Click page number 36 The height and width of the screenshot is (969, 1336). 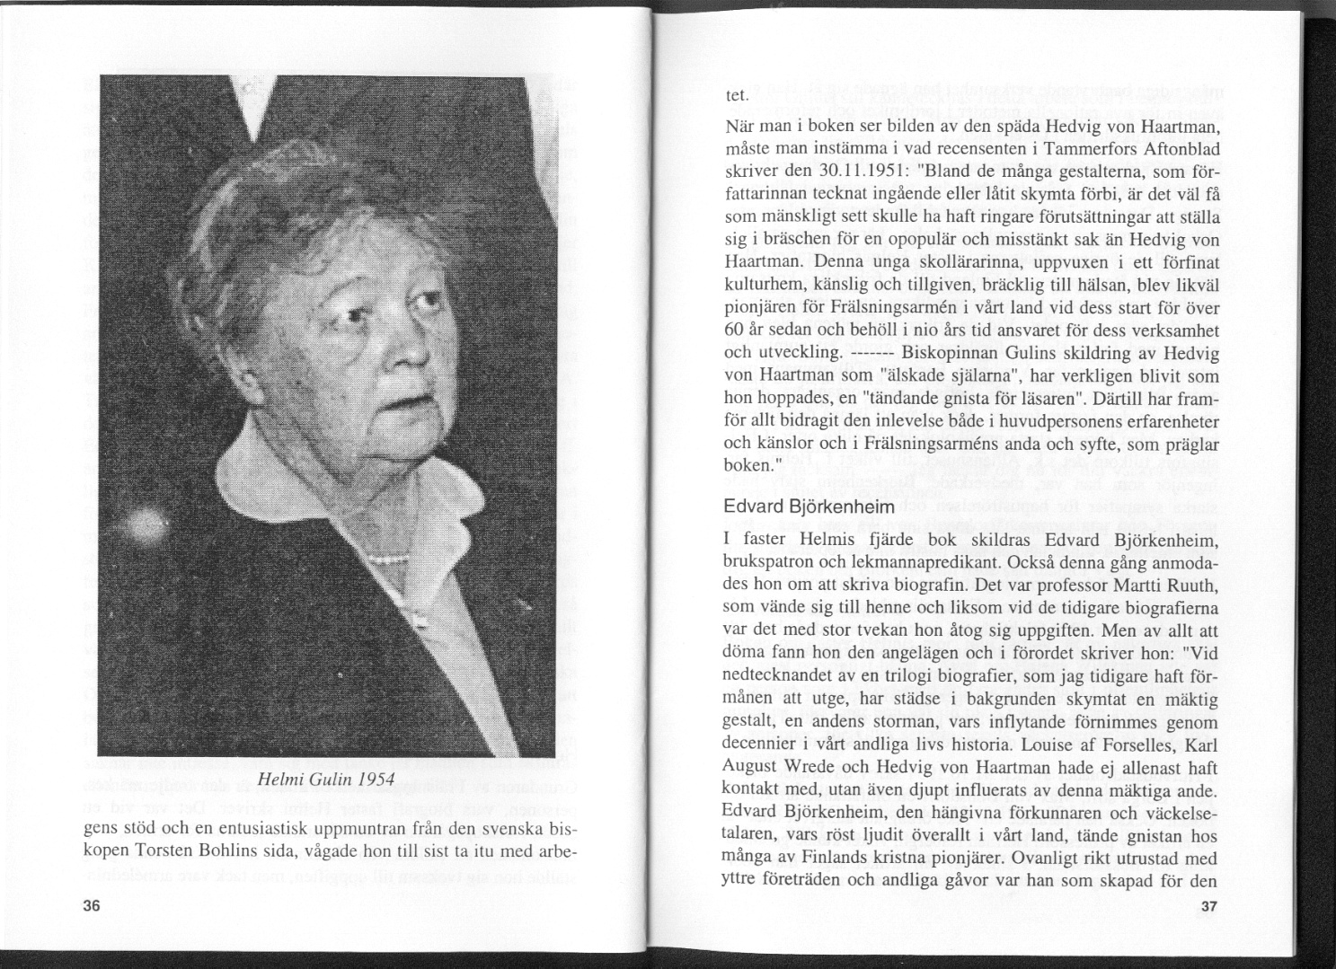tap(90, 906)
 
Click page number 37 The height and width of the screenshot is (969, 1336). tap(1208, 907)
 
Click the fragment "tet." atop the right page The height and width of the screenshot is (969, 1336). tap(737, 95)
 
